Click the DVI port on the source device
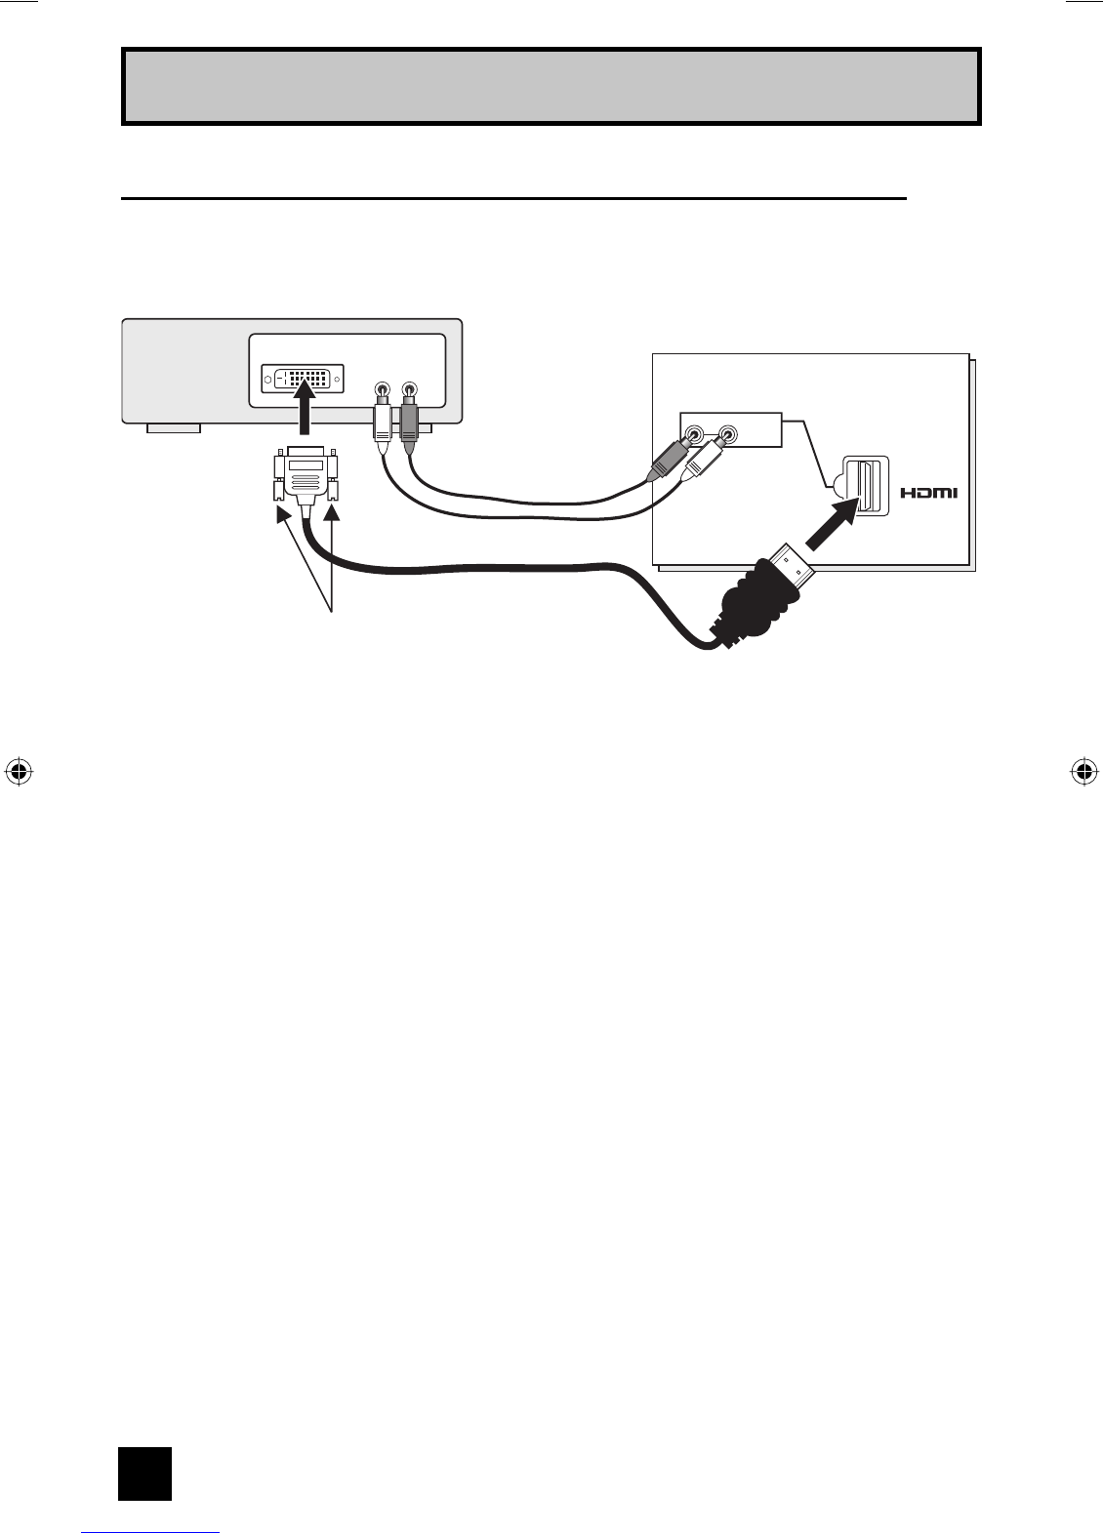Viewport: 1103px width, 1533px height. (303, 379)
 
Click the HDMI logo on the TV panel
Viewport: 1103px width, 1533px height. (928, 493)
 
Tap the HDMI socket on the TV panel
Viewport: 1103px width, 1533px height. (865, 485)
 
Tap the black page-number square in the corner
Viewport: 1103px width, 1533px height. (144, 1473)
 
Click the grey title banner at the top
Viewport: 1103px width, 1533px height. (551, 86)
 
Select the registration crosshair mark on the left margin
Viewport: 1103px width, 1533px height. (18, 771)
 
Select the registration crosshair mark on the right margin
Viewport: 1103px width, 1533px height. (1083, 771)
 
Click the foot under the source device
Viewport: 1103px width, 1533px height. (174, 427)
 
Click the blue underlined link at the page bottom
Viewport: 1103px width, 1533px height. (150, 1528)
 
